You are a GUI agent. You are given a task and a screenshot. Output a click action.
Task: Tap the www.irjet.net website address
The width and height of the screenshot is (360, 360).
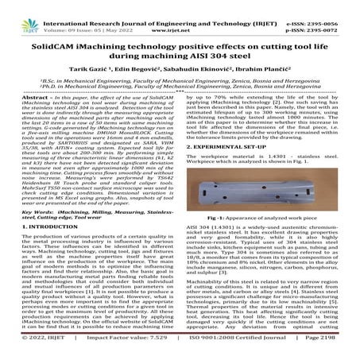[x=180, y=16]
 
